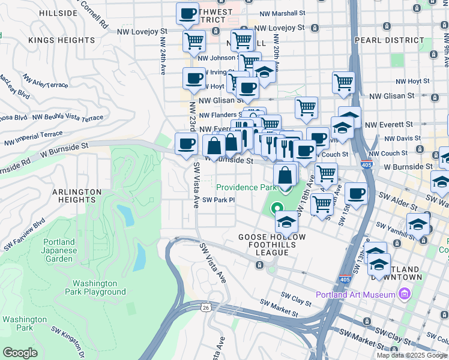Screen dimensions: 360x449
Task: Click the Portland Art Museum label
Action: [355, 295]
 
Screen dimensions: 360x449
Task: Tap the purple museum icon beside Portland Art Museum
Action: [403, 295]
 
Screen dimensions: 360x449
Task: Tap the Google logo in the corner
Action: [20, 352]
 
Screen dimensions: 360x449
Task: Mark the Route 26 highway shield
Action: [206, 307]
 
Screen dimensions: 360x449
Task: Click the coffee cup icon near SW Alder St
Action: [356, 194]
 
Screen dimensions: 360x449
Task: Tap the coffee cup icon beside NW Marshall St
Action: [187, 13]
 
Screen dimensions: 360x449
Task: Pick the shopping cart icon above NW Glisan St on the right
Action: [343, 82]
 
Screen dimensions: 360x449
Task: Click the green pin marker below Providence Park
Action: [277, 209]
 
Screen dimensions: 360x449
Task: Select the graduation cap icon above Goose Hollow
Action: [287, 221]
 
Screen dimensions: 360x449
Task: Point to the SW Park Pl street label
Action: [217, 200]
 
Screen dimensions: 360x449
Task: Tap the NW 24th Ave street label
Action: [162, 57]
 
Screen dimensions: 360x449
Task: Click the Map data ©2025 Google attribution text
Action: [412, 355]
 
